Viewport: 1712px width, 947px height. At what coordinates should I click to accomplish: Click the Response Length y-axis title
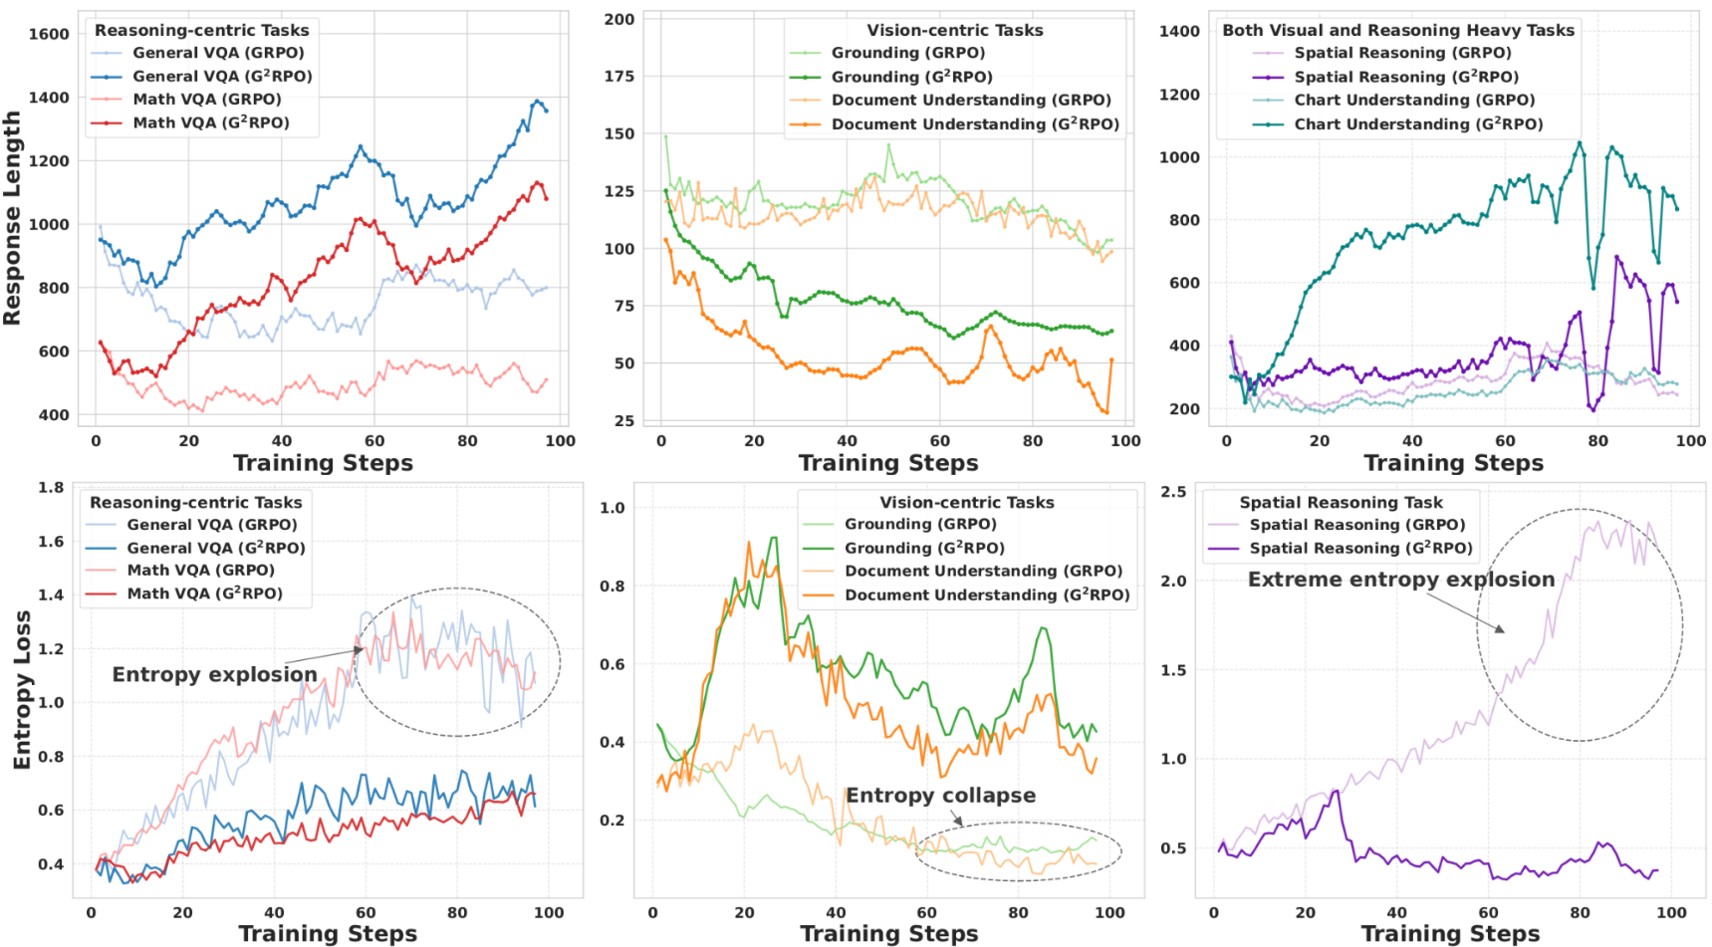(x=12, y=218)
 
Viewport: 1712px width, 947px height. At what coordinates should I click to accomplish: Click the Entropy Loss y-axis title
(x=22, y=689)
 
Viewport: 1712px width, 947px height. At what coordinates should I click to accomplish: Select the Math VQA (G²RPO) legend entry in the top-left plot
(x=210, y=122)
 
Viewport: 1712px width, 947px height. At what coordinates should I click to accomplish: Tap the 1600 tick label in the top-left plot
(x=49, y=34)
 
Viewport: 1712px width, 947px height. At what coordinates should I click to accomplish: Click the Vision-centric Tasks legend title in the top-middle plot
(x=954, y=30)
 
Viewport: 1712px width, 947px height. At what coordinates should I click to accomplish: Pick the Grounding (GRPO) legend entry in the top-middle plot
(x=907, y=53)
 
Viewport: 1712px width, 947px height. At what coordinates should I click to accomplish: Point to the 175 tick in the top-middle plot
(x=618, y=77)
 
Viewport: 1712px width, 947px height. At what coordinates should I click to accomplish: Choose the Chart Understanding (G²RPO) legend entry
(x=1417, y=124)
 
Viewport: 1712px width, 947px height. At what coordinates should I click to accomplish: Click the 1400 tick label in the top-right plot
(x=1179, y=31)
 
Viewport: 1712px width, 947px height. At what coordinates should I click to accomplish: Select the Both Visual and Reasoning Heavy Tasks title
(x=1397, y=30)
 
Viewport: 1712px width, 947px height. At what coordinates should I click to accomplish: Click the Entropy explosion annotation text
(x=214, y=674)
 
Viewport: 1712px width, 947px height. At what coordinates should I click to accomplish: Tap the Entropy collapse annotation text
(x=940, y=796)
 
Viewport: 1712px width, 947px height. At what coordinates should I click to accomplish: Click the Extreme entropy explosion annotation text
(x=1400, y=580)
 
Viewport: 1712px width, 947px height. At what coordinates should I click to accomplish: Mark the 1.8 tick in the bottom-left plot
(x=51, y=488)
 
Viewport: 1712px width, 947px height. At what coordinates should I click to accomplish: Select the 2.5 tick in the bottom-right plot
(x=1173, y=492)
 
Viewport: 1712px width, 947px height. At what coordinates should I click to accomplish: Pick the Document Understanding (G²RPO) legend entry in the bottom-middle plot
(x=986, y=595)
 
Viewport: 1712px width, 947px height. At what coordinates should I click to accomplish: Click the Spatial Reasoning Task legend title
(x=1340, y=503)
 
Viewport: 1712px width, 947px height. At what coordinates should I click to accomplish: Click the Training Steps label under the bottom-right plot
(x=1449, y=934)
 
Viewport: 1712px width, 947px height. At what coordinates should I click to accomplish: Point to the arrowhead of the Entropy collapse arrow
(x=962, y=826)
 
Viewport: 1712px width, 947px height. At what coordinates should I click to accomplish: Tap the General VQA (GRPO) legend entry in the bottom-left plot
(x=211, y=525)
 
